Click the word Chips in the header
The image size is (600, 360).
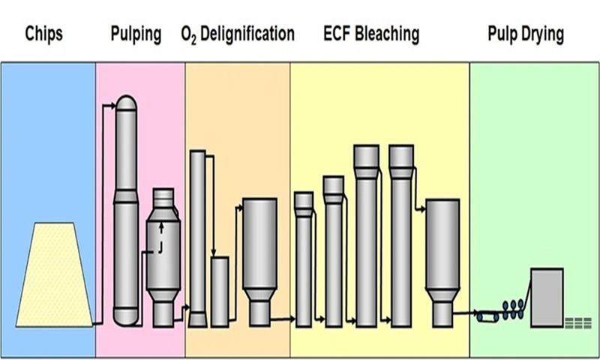(x=43, y=34)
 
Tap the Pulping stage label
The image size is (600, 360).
(x=136, y=34)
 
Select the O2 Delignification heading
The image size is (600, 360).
(x=238, y=34)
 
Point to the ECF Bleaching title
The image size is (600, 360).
(x=371, y=34)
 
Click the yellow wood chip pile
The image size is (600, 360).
(x=54, y=274)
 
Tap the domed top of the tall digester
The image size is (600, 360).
(x=126, y=103)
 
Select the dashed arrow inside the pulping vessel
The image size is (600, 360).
(x=161, y=237)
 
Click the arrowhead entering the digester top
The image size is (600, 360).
(x=112, y=106)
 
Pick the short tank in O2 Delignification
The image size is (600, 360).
(x=220, y=292)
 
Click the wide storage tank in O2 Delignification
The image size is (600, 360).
(x=259, y=262)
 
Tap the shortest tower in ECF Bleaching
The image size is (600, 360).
(x=304, y=259)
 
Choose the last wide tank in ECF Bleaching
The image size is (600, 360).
(x=442, y=263)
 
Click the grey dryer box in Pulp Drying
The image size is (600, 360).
(x=547, y=298)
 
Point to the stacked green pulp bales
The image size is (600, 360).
(x=578, y=323)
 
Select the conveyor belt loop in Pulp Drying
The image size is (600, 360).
(x=487, y=316)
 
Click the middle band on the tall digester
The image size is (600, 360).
(x=126, y=196)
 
